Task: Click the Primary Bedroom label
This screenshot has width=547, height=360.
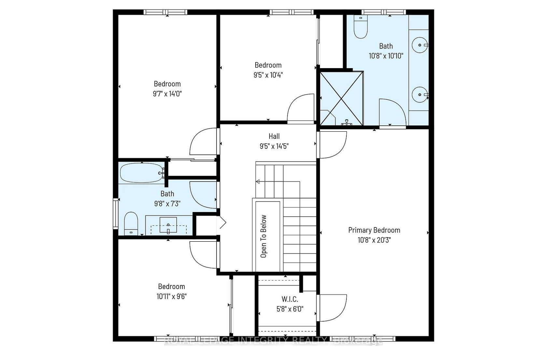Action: (374, 230)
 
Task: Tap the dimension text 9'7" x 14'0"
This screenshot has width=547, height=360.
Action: (167, 94)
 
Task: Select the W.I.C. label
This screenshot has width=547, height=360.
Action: (290, 299)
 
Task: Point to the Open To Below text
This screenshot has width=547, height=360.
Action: (263, 236)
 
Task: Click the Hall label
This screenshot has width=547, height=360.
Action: (274, 136)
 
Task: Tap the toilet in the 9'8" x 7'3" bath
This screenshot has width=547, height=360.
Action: (131, 223)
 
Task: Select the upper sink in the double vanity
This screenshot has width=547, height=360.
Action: (420, 45)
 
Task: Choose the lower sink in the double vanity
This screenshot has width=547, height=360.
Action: (420, 94)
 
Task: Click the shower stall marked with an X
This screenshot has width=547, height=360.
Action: (341, 98)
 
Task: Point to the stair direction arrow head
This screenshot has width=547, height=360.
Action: (257, 181)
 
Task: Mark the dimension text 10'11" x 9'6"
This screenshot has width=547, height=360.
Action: (172, 296)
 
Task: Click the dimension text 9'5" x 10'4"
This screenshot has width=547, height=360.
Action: (268, 75)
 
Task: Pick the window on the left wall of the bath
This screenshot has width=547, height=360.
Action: (116, 214)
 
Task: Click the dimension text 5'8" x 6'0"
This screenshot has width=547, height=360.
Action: (290, 309)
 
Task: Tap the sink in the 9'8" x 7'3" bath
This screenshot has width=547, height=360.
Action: (168, 224)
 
